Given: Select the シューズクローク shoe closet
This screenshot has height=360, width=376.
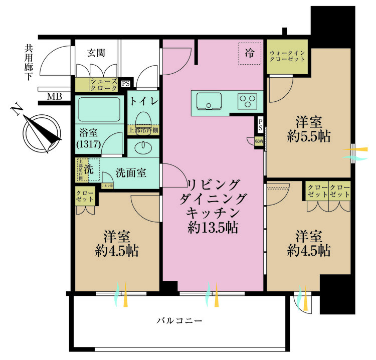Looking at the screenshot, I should [103, 84].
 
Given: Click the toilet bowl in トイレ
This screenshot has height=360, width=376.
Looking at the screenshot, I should [143, 118].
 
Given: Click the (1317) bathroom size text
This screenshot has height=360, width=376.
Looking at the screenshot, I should [89, 144].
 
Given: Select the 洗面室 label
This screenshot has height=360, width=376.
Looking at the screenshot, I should [131, 173].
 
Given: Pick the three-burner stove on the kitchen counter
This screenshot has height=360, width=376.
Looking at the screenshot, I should [247, 101].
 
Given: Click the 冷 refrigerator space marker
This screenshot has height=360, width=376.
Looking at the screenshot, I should [249, 54].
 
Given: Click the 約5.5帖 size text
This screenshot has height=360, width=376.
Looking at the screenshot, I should [308, 136].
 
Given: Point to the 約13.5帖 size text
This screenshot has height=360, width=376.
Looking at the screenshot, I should [213, 228].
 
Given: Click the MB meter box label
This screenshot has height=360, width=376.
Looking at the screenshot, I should [54, 96].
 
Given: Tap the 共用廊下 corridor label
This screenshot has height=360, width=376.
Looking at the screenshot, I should [30, 63].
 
